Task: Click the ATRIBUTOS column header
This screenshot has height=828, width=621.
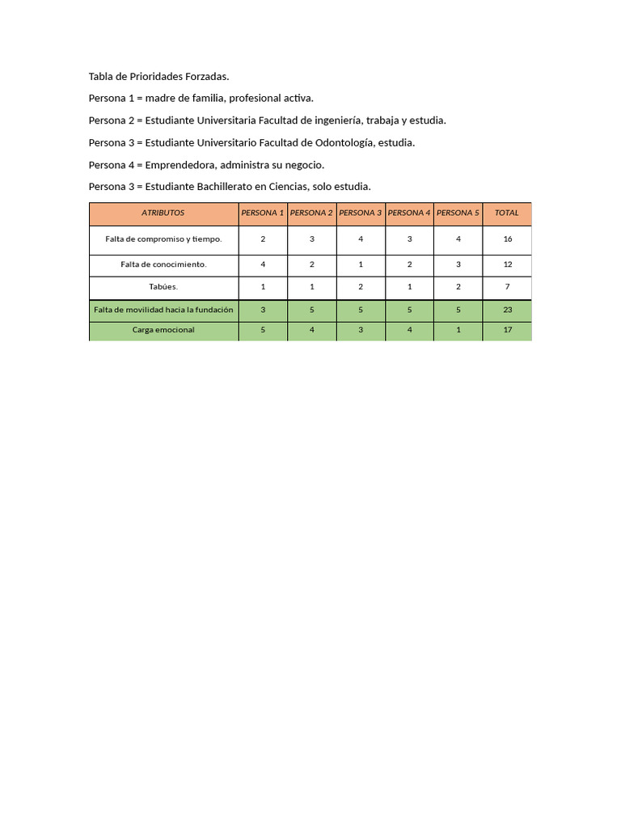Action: click(163, 213)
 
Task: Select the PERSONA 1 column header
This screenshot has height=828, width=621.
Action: click(262, 213)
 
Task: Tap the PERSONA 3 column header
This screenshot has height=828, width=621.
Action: click(361, 213)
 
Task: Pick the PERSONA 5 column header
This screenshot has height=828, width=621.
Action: click(458, 213)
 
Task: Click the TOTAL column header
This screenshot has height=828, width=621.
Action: click(507, 213)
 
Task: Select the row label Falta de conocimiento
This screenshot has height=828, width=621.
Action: click(163, 264)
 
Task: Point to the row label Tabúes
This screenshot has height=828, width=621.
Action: click(163, 287)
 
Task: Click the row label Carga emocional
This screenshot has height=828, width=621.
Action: click(163, 330)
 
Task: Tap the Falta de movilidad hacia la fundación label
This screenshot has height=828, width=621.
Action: click(163, 310)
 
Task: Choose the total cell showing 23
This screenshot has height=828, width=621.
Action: click(507, 310)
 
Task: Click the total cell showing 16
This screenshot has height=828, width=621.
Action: click(507, 239)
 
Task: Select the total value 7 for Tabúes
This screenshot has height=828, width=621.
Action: click(507, 287)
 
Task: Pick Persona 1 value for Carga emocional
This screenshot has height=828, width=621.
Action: click(263, 330)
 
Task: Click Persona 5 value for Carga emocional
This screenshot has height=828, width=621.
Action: click(458, 330)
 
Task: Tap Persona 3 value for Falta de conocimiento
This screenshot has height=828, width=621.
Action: click(361, 264)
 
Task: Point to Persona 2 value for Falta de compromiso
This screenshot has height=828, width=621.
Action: click(312, 239)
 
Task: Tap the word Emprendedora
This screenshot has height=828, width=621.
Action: click(180, 165)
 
